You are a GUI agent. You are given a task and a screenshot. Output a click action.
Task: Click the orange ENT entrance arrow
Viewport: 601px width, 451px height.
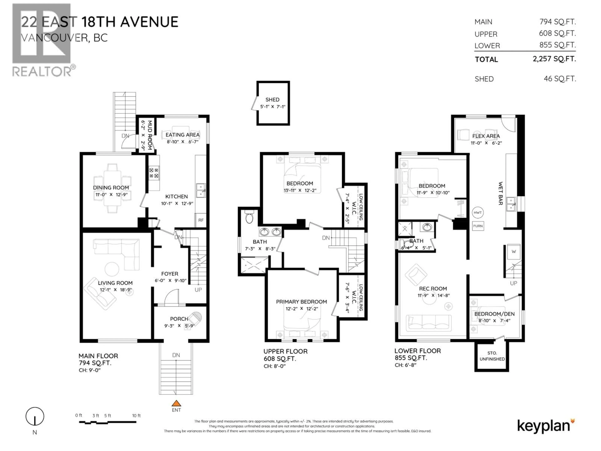[176, 403]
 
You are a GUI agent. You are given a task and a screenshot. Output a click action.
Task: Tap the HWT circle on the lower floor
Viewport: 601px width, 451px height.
[478, 213]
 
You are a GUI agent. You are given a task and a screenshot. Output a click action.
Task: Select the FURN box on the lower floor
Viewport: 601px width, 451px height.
[478, 226]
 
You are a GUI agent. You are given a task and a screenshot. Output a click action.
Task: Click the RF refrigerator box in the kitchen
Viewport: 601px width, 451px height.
[201, 220]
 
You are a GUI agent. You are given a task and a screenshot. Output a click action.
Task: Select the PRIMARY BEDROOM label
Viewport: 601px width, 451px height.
[301, 302]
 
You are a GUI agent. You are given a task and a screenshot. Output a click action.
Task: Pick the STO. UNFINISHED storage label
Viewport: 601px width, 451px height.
[492, 356]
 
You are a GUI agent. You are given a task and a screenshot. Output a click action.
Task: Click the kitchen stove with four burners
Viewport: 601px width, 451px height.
[154, 173]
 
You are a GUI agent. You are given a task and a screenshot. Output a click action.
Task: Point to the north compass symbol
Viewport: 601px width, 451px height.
[35, 417]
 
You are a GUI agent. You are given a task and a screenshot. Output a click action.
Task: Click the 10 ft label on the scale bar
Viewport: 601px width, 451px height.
[136, 416]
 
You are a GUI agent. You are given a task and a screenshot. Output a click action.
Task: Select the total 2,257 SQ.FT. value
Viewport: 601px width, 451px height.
[554, 59]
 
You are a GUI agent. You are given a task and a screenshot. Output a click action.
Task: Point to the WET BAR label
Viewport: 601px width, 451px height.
[501, 193]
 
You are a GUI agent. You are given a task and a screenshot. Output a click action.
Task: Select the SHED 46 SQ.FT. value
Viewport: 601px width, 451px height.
[560, 79]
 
